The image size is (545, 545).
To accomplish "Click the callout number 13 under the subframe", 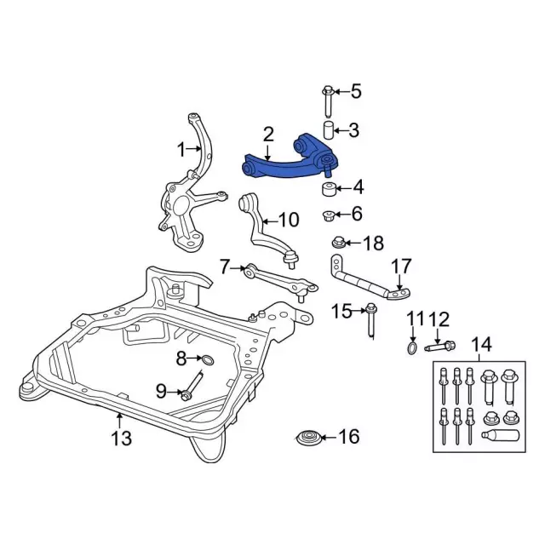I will [x=121, y=439].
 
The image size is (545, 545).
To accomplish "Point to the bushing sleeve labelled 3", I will [x=328, y=131].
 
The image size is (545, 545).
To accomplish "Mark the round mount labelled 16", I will [x=309, y=439].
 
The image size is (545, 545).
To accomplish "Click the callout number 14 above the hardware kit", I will [x=482, y=345].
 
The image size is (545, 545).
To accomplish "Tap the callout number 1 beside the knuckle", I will [x=181, y=150].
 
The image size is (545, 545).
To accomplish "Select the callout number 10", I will [x=288, y=220].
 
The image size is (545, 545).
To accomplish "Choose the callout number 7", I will [x=224, y=267].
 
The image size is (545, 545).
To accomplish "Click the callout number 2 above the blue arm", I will [x=269, y=135].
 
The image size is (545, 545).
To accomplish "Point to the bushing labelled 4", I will [x=327, y=186].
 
